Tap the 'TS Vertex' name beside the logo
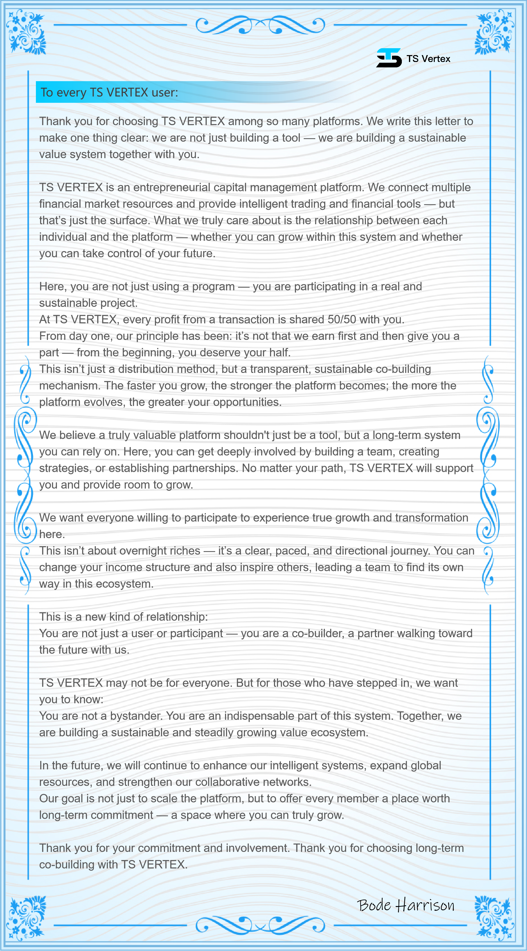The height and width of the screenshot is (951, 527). (428, 59)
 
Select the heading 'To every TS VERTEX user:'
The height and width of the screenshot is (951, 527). (109, 92)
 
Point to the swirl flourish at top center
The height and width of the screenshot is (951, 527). (260, 25)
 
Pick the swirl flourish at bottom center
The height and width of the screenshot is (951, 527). (260, 925)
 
